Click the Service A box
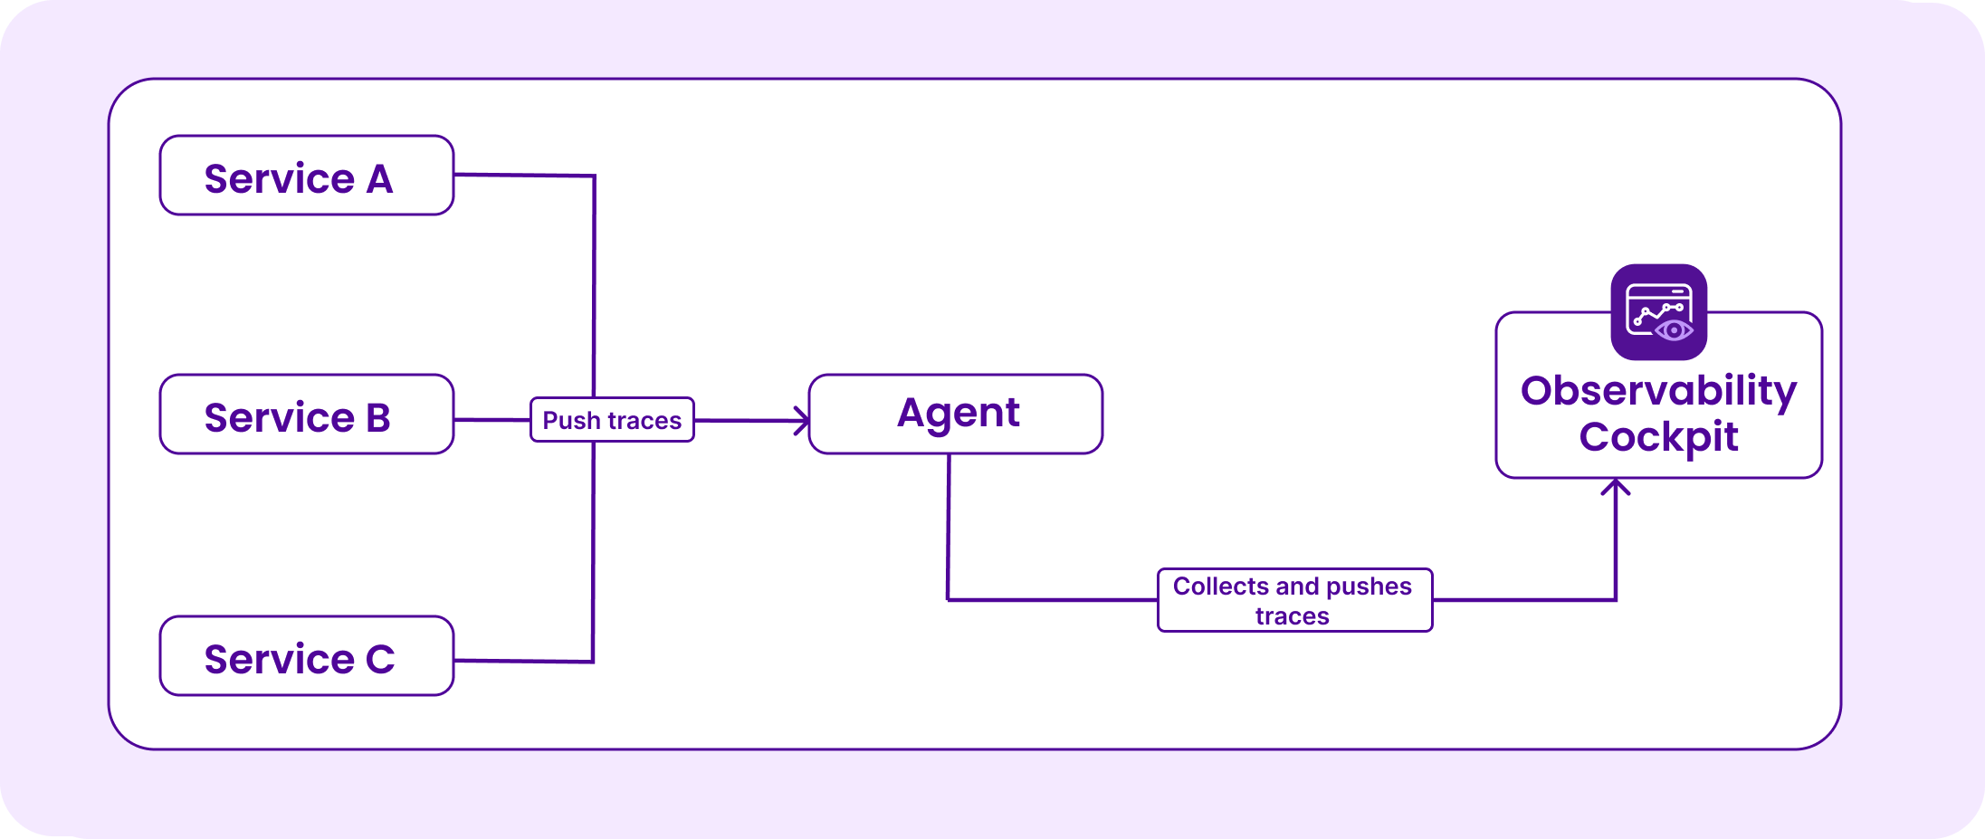tap(307, 176)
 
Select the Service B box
tap(307, 415)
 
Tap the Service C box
tap(307, 656)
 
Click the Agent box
tap(956, 415)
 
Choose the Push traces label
tap(612, 420)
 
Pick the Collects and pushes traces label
tap(1295, 600)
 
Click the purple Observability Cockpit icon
tap(1659, 312)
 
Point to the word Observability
tap(1659, 392)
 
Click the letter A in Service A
tap(380, 179)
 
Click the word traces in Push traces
tap(644, 421)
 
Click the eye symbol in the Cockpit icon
tap(1674, 330)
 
